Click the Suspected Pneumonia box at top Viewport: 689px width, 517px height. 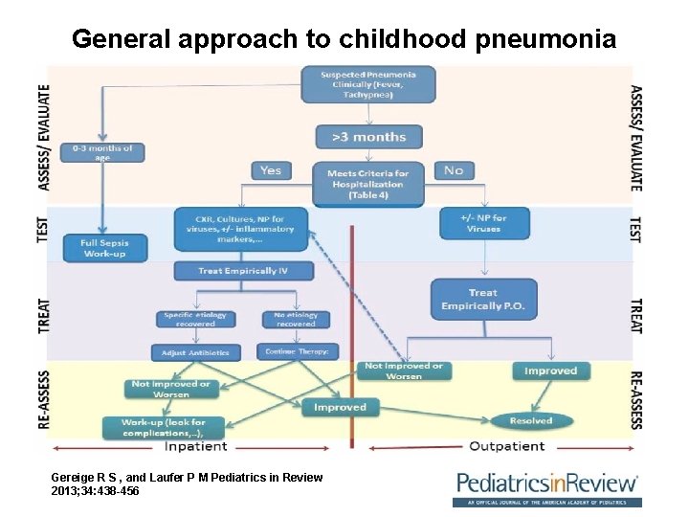[x=367, y=84]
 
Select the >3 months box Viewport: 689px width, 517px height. [x=367, y=137]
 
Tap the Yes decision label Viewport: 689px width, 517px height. [x=271, y=170]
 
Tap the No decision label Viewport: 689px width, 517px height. [x=453, y=170]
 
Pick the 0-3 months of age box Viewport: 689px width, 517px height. [x=102, y=152]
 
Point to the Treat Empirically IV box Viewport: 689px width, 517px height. [x=243, y=271]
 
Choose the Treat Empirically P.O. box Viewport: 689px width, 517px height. [x=483, y=299]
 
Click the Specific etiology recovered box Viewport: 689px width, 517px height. [x=195, y=320]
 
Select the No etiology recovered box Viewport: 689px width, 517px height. [x=295, y=320]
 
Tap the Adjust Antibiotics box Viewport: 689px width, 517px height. [x=195, y=352]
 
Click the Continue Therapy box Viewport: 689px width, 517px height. [x=297, y=352]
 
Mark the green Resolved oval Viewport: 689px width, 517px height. [x=530, y=420]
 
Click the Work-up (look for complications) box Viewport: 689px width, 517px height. [x=163, y=427]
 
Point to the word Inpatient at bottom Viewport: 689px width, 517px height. [x=196, y=446]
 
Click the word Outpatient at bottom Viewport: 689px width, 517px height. [x=506, y=446]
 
